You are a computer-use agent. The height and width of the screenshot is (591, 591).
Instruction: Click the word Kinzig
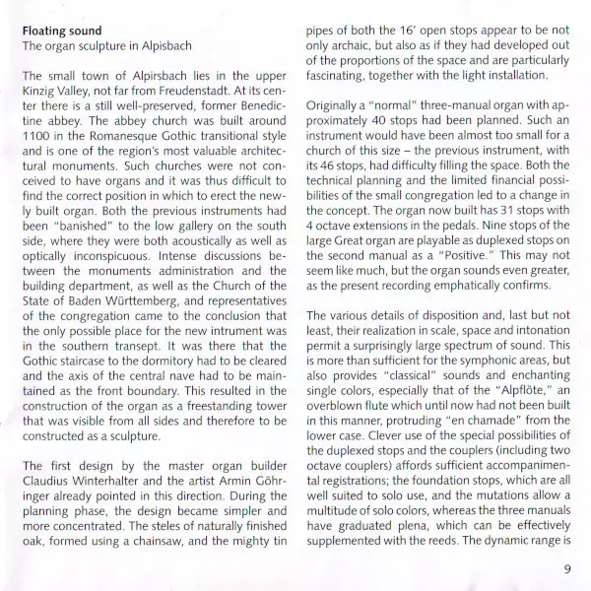point(43,93)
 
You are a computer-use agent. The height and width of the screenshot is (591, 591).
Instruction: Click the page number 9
point(568,568)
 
